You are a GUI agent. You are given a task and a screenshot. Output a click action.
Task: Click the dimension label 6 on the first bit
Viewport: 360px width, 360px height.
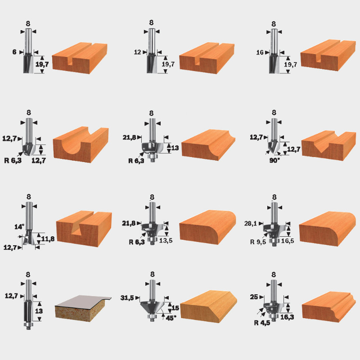coord(14,52)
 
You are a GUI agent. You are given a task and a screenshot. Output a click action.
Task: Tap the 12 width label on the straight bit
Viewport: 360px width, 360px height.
coord(137,52)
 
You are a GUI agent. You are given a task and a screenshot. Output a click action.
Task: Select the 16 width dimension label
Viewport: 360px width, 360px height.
coord(260,53)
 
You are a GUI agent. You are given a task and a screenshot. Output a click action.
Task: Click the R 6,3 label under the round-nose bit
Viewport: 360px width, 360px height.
coord(13,160)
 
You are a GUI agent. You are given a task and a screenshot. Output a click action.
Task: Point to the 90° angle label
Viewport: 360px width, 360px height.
coord(274,160)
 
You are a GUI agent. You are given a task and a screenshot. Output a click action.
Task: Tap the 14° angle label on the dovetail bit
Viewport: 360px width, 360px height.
coord(19,227)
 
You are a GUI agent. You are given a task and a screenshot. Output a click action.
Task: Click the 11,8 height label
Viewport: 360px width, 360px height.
coord(48,239)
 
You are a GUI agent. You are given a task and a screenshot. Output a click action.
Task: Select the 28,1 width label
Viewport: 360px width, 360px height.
coord(251,223)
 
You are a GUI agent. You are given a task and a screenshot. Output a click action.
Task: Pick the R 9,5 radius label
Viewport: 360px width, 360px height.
coord(258,242)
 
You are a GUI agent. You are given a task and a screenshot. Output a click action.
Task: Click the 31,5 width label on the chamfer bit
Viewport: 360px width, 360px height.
coord(127,298)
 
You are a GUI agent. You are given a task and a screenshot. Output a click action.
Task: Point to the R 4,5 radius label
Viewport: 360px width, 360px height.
coord(262,323)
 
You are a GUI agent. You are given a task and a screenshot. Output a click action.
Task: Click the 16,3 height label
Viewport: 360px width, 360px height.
coord(287,317)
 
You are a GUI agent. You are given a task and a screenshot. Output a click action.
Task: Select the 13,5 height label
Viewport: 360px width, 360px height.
coord(166,240)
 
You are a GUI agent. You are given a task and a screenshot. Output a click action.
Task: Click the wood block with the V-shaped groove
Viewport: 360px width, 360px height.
coord(329,145)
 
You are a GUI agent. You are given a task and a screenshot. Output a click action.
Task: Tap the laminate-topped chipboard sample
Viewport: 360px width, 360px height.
coord(83,308)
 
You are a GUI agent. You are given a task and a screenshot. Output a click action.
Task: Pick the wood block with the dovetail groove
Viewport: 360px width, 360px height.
coord(84,229)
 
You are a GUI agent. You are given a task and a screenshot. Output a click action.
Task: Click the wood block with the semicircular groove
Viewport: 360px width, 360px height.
coord(81,144)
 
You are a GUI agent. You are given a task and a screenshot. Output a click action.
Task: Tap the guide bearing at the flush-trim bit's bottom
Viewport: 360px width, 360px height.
coord(28,325)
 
